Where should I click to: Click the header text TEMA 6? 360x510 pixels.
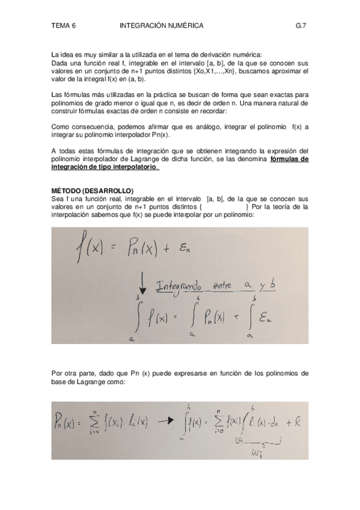pyautogui.click(x=64, y=26)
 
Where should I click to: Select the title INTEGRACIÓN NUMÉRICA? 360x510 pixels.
pyautogui.click(x=162, y=26)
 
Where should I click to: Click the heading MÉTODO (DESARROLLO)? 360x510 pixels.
pyautogui.click(x=92, y=191)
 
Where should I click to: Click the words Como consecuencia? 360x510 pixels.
pyautogui.click(x=80, y=127)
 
